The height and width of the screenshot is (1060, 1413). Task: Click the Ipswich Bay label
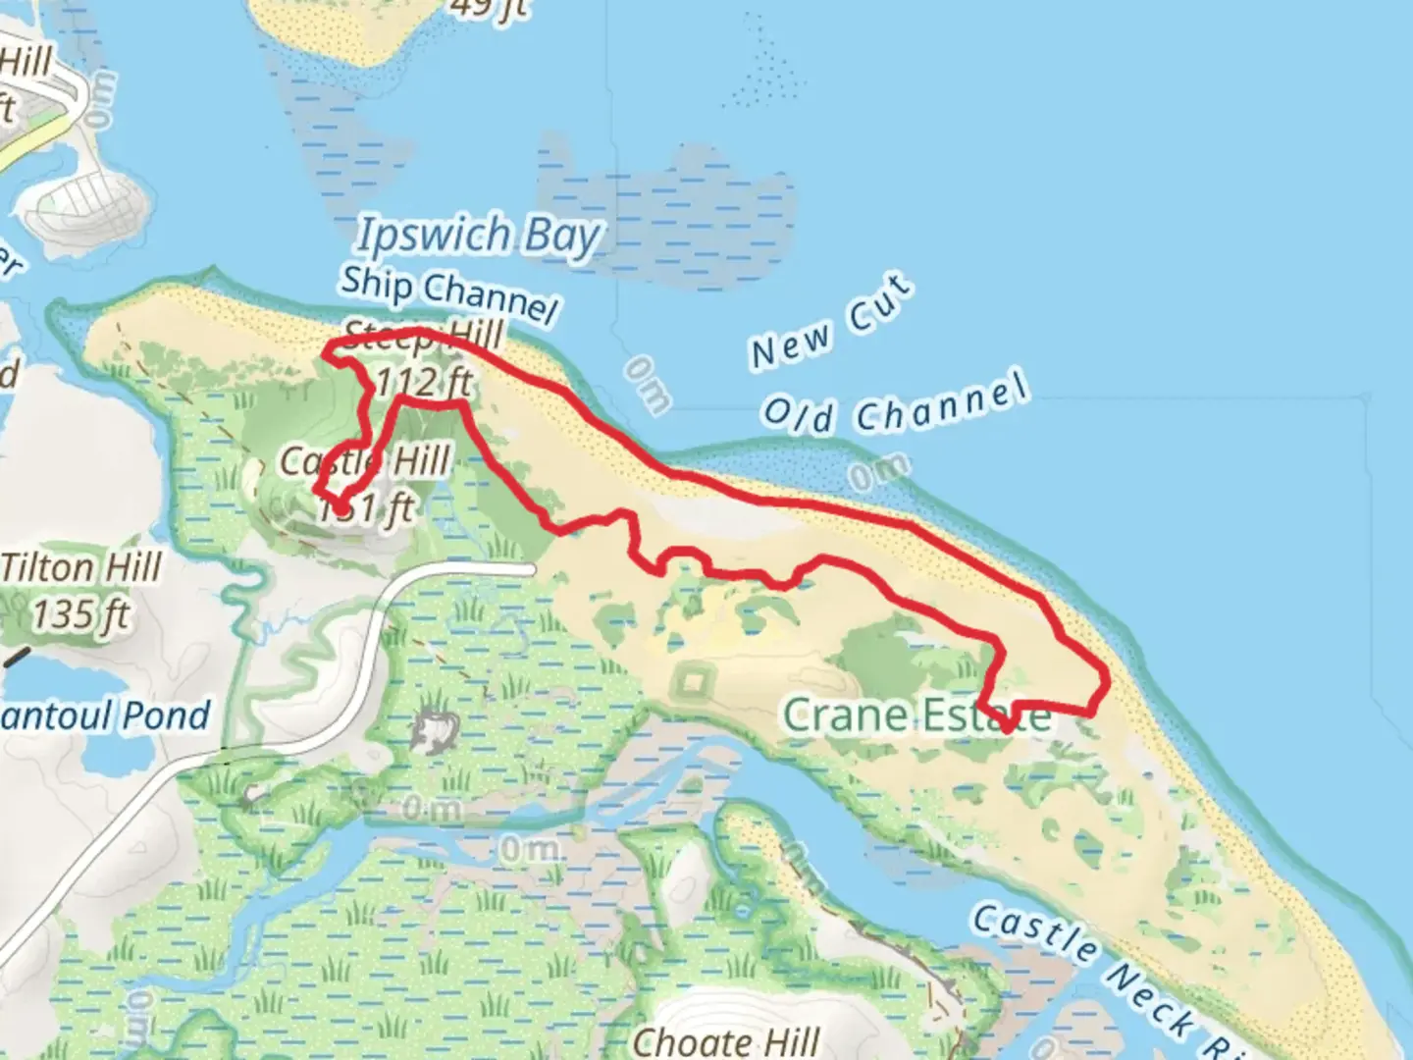click(478, 237)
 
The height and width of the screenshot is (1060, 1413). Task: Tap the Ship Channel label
click(448, 292)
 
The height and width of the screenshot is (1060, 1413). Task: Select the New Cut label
click(832, 323)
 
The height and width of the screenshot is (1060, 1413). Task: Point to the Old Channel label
click(895, 403)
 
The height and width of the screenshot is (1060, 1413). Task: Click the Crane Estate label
click(916, 715)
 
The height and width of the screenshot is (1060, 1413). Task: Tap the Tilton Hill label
click(80, 567)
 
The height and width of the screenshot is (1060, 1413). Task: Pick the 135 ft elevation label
click(80, 615)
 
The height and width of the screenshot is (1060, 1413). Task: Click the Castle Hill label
click(365, 460)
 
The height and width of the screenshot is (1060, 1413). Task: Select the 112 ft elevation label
click(424, 382)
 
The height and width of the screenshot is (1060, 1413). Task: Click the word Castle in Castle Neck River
click(1034, 931)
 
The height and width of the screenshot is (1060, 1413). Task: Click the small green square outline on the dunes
click(694, 680)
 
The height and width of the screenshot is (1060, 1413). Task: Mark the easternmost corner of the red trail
click(1108, 677)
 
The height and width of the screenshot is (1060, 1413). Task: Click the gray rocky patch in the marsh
click(436, 728)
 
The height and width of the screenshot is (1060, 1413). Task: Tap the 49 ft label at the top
click(489, 8)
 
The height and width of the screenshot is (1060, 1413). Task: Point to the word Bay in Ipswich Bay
click(561, 238)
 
